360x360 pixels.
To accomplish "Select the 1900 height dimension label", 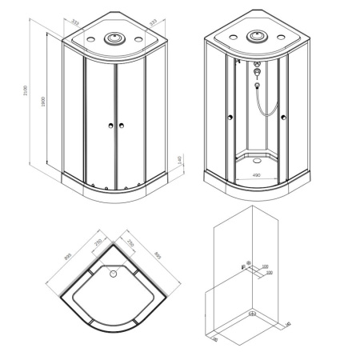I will (45, 102).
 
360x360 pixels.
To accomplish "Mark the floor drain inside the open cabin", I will (256, 155).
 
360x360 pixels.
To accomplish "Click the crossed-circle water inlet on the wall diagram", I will (247, 264).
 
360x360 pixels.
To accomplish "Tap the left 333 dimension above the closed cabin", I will (74, 24).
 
